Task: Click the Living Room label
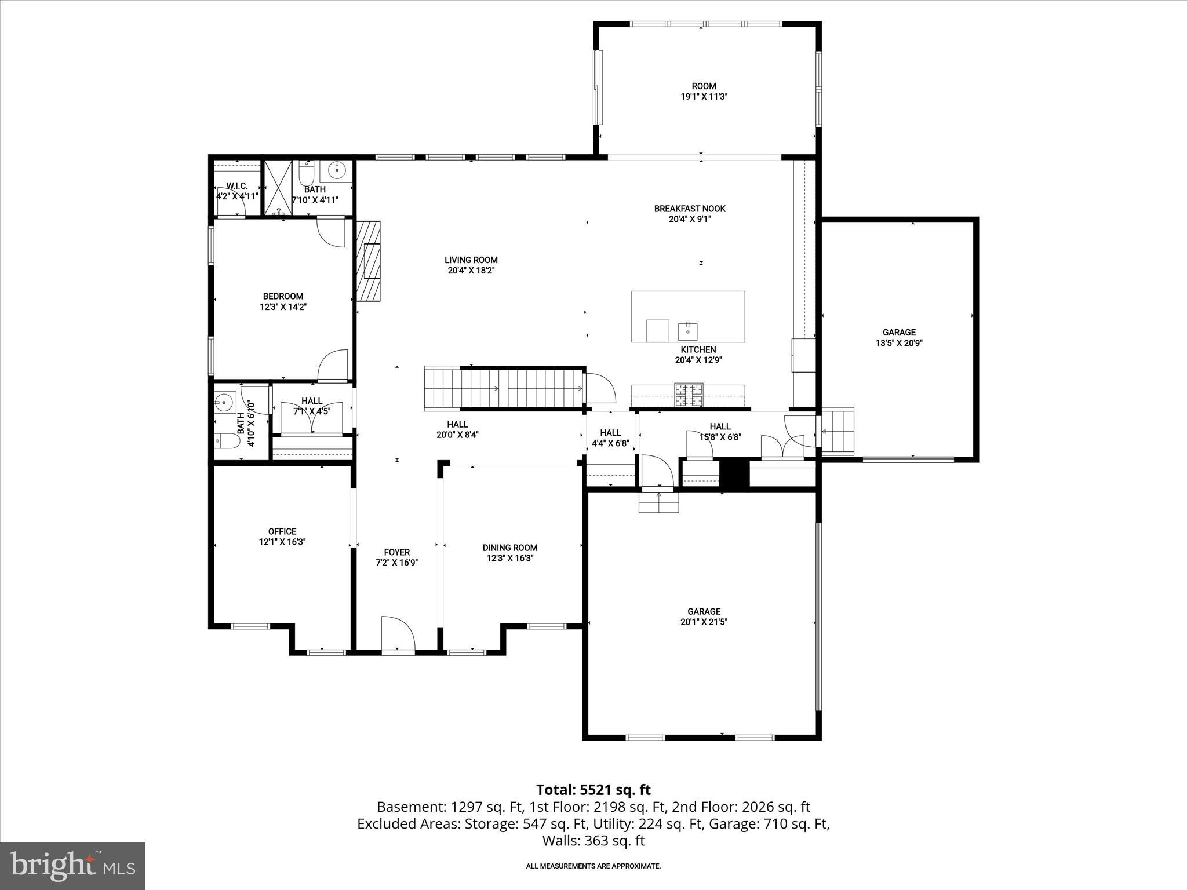click(x=471, y=260)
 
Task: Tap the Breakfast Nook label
click(x=689, y=209)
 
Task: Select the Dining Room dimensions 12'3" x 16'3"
click(x=509, y=559)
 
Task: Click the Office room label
click(x=282, y=531)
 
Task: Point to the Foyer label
click(x=396, y=552)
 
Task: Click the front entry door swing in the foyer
click(x=397, y=634)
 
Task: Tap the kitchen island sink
click(x=687, y=331)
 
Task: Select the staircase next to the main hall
click(x=504, y=388)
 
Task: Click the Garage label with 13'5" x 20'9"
click(x=898, y=333)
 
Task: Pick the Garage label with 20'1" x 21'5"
click(x=704, y=611)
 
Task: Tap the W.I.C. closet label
click(x=237, y=186)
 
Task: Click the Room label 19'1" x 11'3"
click(x=704, y=86)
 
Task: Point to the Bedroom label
click(x=283, y=296)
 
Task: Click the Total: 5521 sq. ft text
click(x=593, y=790)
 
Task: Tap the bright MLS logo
click(x=72, y=866)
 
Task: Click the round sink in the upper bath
click(x=336, y=170)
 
